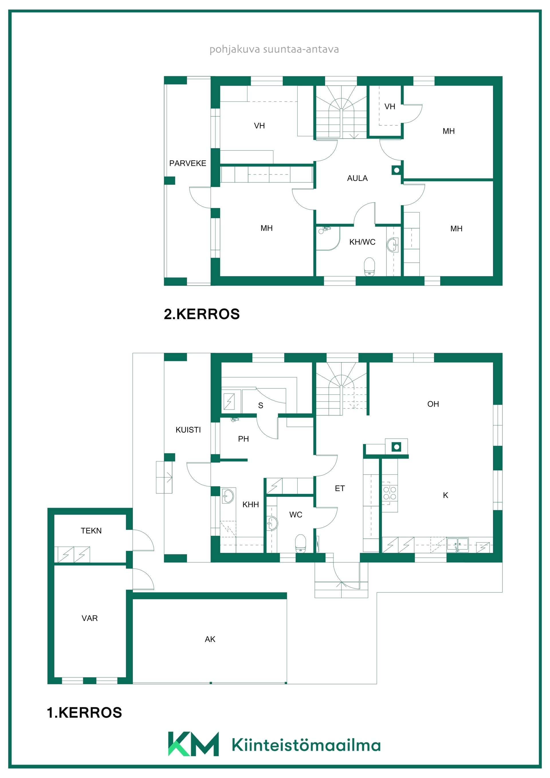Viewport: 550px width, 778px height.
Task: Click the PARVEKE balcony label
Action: [187, 163]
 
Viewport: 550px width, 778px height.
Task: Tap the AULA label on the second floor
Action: [357, 178]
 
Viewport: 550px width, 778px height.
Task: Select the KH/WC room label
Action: [362, 242]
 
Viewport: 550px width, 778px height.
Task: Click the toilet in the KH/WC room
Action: [369, 267]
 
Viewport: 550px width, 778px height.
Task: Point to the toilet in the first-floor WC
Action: [300, 543]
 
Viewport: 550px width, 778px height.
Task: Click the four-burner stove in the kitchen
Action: [389, 493]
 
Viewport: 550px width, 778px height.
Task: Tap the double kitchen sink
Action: [457, 544]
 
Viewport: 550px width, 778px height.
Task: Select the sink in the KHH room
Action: [228, 496]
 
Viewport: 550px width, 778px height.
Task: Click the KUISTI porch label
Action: [188, 430]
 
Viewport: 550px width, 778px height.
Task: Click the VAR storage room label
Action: [89, 618]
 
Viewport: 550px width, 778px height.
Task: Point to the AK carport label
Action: [210, 639]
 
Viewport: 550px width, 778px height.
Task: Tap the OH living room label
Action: [433, 404]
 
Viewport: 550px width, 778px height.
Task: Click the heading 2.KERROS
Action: [202, 314]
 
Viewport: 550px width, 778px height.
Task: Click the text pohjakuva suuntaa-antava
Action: [274, 50]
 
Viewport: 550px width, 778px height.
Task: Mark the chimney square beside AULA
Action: [396, 170]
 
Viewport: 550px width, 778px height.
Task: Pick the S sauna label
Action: [261, 406]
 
